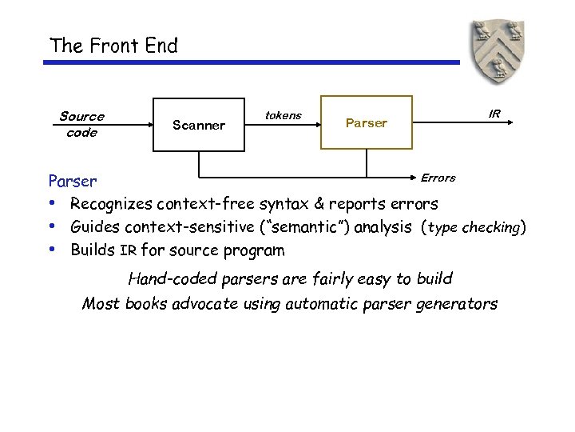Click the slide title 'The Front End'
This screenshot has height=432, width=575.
click(x=113, y=46)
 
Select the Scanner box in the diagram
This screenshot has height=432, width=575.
click(x=199, y=124)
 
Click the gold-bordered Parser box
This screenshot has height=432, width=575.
click(x=367, y=122)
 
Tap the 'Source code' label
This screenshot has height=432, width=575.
click(x=81, y=125)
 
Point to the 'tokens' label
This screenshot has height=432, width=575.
click(x=283, y=115)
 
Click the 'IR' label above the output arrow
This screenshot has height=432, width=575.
click(x=494, y=114)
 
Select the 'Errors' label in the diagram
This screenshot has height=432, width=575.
click(x=438, y=178)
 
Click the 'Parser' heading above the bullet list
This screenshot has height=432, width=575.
click(x=73, y=182)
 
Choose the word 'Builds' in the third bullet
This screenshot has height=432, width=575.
click(x=93, y=250)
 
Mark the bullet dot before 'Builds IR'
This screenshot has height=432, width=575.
click(x=53, y=249)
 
